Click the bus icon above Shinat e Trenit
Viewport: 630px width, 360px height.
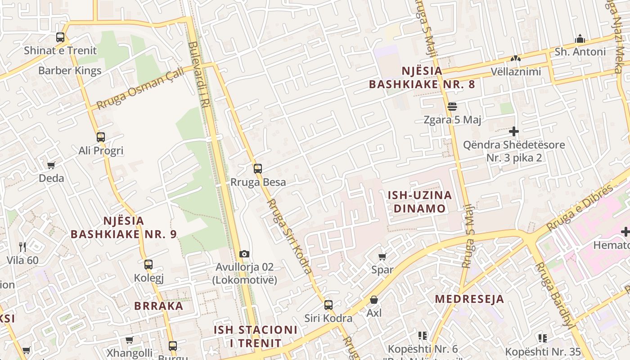tap(60, 37)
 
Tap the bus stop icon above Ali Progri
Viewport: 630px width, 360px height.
tap(101, 137)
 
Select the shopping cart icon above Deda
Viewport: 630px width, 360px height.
tap(51, 165)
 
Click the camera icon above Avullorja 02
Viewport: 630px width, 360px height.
tap(244, 254)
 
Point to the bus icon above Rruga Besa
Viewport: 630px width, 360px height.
tap(257, 169)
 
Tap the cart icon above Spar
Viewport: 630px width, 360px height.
tap(382, 256)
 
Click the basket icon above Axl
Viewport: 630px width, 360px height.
tap(374, 300)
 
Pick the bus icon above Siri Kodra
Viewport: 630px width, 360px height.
tap(328, 305)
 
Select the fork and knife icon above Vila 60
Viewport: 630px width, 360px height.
tap(22, 247)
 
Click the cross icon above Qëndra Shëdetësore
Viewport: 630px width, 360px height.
tap(513, 131)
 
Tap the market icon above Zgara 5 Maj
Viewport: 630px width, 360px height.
tap(452, 107)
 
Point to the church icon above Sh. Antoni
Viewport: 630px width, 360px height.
tap(580, 39)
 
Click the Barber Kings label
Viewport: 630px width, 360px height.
tap(70, 71)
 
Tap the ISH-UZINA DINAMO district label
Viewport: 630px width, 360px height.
tap(420, 202)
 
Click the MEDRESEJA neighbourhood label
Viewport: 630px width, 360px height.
tap(469, 299)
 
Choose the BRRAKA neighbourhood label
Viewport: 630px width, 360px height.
tap(159, 306)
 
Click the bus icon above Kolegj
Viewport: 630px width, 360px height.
tap(148, 265)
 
